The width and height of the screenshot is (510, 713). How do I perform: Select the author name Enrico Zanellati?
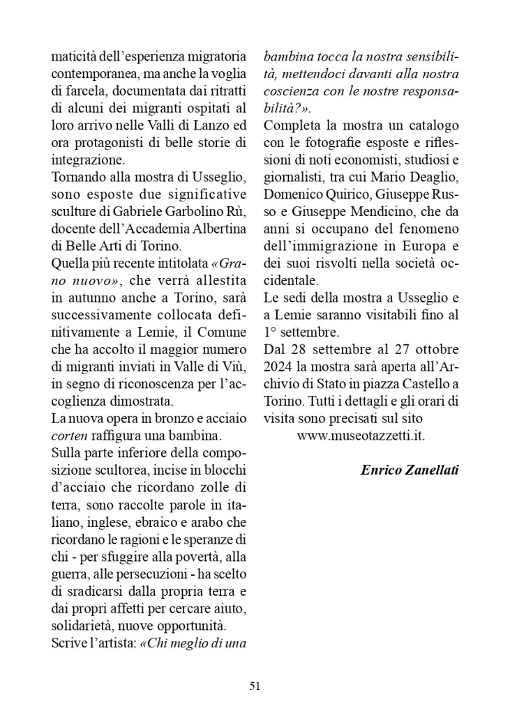pyautogui.click(x=410, y=470)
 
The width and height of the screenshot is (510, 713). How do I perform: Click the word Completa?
pyautogui.click(x=292, y=127)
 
